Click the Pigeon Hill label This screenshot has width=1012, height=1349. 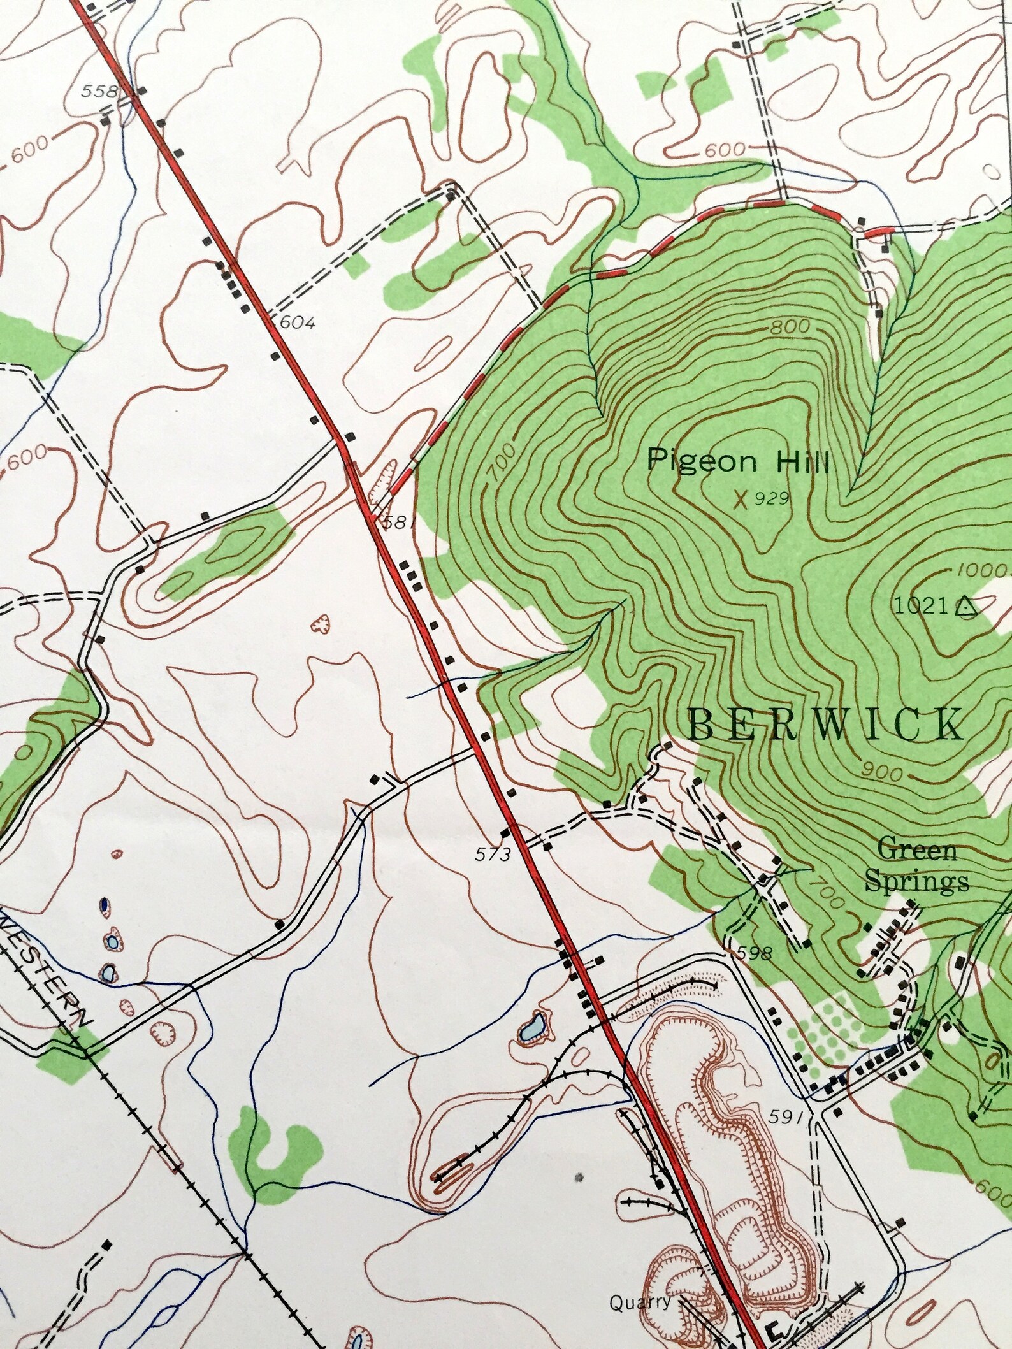737,461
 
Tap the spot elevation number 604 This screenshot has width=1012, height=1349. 297,322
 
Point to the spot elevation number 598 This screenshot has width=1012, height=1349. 755,953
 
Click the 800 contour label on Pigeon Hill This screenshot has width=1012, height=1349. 790,328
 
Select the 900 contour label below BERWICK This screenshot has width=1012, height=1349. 883,773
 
